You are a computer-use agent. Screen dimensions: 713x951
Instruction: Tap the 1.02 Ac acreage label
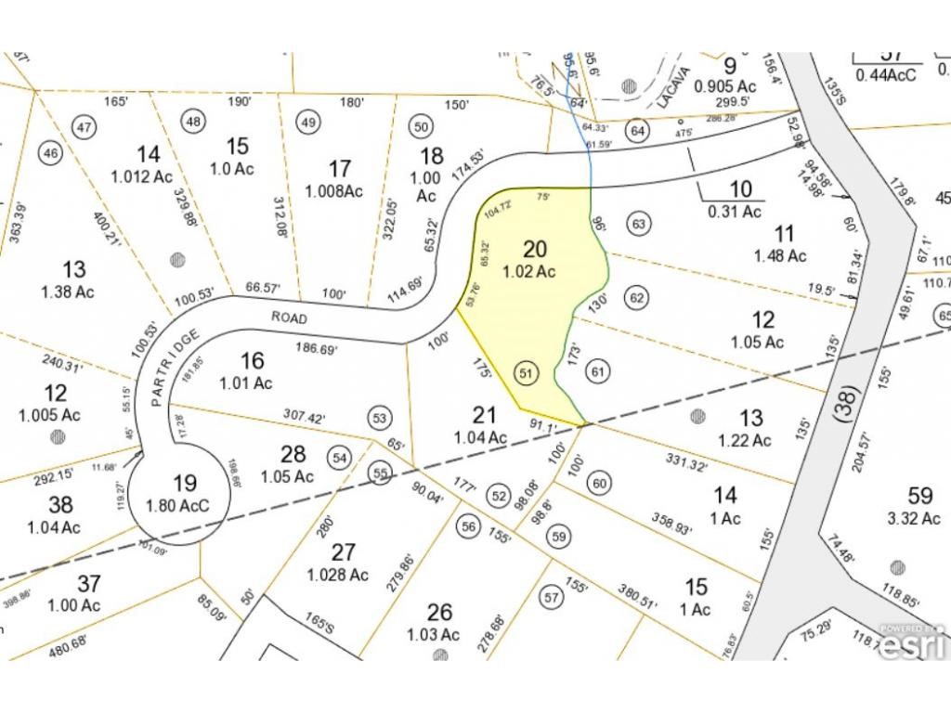click(x=529, y=272)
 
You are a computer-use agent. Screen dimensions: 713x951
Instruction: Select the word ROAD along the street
click(x=288, y=316)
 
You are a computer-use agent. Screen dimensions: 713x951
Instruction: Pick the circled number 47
click(x=85, y=127)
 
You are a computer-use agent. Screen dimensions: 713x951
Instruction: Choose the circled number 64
click(x=636, y=130)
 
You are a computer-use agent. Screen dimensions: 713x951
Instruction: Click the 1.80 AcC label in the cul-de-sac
click(x=185, y=507)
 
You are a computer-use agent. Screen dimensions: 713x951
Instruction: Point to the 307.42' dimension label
click(x=304, y=419)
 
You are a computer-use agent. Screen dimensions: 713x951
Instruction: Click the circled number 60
click(x=599, y=483)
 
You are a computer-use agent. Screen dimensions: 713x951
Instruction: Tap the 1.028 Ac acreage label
click(x=338, y=575)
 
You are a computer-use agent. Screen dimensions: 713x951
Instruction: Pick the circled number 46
click(x=51, y=153)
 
